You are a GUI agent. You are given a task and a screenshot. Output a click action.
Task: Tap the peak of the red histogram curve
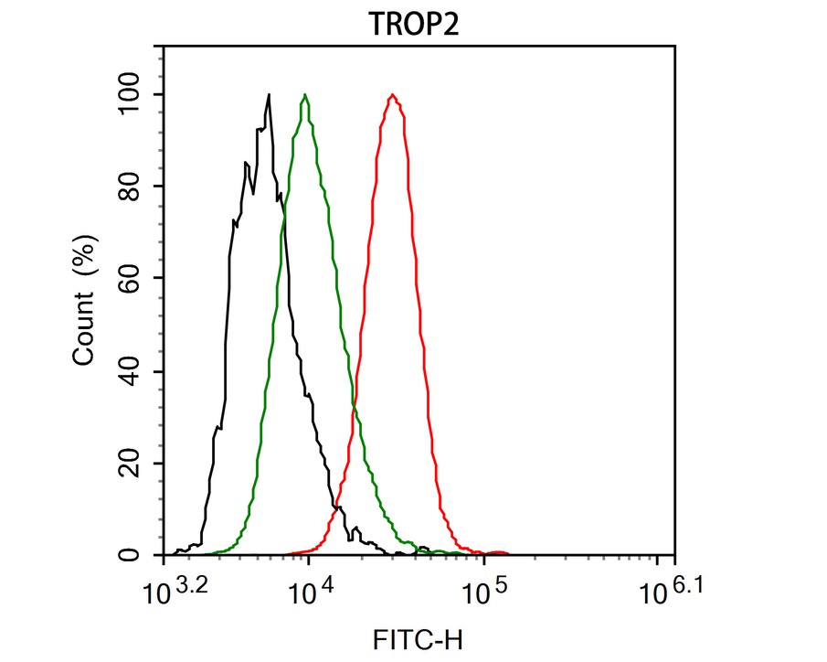(393, 94)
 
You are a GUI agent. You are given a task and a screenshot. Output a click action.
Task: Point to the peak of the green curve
(305, 94)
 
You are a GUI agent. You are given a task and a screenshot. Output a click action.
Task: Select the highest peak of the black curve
(269, 94)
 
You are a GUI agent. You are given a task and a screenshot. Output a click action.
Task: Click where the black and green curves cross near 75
(282, 208)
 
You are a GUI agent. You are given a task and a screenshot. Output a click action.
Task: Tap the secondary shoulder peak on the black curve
(246, 164)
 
